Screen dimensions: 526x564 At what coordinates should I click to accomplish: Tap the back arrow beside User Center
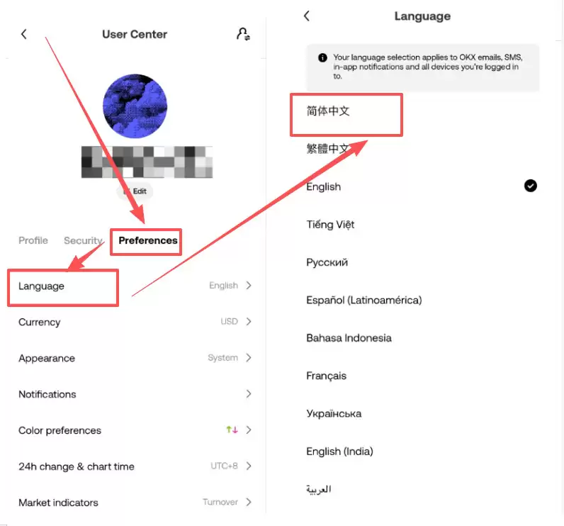(23, 34)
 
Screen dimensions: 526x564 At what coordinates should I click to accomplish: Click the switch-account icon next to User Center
(243, 34)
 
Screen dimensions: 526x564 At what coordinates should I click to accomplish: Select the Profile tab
(33, 240)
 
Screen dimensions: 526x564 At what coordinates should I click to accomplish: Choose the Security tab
(83, 240)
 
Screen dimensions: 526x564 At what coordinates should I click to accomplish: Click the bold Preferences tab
(147, 240)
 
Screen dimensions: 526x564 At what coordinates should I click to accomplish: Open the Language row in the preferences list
(41, 286)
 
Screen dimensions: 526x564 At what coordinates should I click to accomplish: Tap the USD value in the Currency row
(229, 322)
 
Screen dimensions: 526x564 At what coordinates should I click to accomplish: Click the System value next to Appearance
(222, 358)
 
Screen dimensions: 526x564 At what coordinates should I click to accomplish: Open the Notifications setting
(47, 394)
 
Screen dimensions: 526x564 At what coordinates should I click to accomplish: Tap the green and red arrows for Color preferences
(232, 430)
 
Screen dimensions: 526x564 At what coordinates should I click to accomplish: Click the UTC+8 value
(225, 466)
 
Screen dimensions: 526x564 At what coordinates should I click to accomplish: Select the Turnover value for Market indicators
(220, 503)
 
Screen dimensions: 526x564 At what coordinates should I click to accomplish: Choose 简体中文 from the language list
(328, 111)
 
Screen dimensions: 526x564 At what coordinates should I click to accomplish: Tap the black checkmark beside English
(530, 186)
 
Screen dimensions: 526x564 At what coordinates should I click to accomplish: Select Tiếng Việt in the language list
(330, 225)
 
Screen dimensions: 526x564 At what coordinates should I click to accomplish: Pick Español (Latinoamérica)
(363, 300)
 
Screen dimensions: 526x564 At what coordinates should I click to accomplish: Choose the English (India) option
(339, 452)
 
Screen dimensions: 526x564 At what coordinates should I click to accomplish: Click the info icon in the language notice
(322, 57)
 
